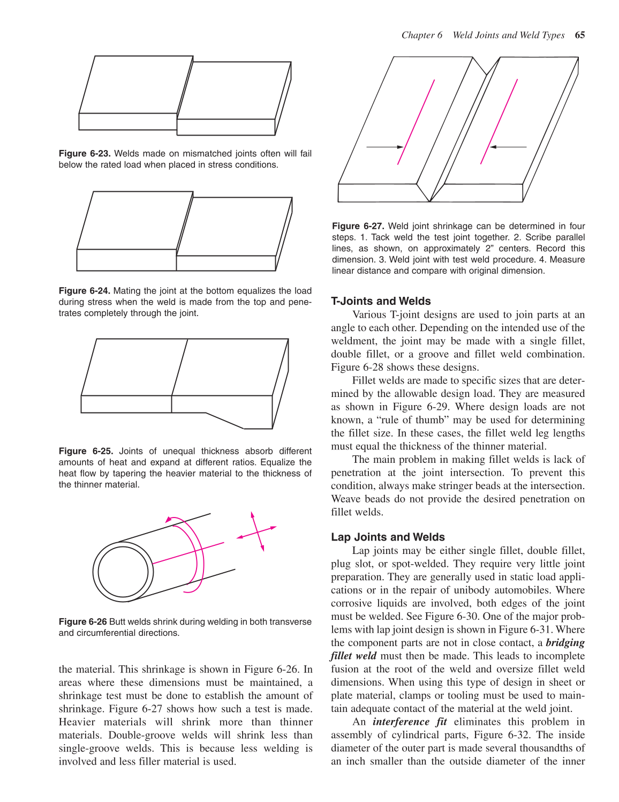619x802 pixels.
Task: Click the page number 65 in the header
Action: [x=579, y=35]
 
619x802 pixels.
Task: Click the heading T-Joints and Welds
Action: [x=381, y=301]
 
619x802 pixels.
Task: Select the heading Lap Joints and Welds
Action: [x=388, y=537]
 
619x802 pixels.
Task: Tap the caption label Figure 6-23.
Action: [x=85, y=154]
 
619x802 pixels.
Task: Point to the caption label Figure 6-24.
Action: [x=85, y=291]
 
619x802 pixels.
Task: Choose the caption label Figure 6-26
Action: [x=83, y=622]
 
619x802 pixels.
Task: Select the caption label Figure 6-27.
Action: [x=358, y=226]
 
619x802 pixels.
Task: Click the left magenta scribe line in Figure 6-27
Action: [x=416, y=122]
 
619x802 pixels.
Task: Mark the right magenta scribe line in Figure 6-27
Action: [x=499, y=122]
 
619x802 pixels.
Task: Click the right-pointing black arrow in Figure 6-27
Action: [x=385, y=146]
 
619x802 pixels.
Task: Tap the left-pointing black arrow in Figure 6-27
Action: [x=508, y=146]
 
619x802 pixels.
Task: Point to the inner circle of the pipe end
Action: [x=123, y=572]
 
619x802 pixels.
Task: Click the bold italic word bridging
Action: [x=565, y=643]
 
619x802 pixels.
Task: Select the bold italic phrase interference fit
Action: [x=410, y=722]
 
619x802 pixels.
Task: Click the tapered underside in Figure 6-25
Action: [x=225, y=421]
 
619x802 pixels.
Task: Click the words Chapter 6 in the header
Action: [x=422, y=35]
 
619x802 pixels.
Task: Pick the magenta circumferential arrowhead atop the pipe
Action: [x=169, y=519]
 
